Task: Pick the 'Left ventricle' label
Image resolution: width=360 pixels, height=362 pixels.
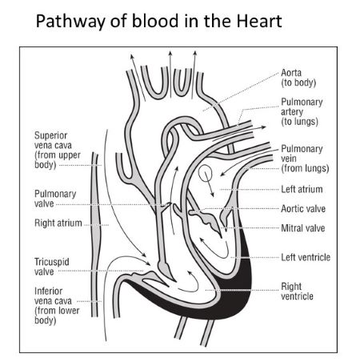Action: (x=306, y=257)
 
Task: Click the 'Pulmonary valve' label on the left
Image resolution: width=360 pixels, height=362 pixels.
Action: (x=55, y=198)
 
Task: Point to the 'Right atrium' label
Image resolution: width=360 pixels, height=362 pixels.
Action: (x=58, y=223)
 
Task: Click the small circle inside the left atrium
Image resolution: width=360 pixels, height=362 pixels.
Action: (x=206, y=171)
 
